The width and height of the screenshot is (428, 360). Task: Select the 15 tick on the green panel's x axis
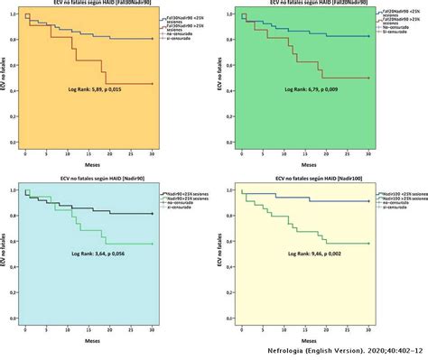(x=306, y=155)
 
